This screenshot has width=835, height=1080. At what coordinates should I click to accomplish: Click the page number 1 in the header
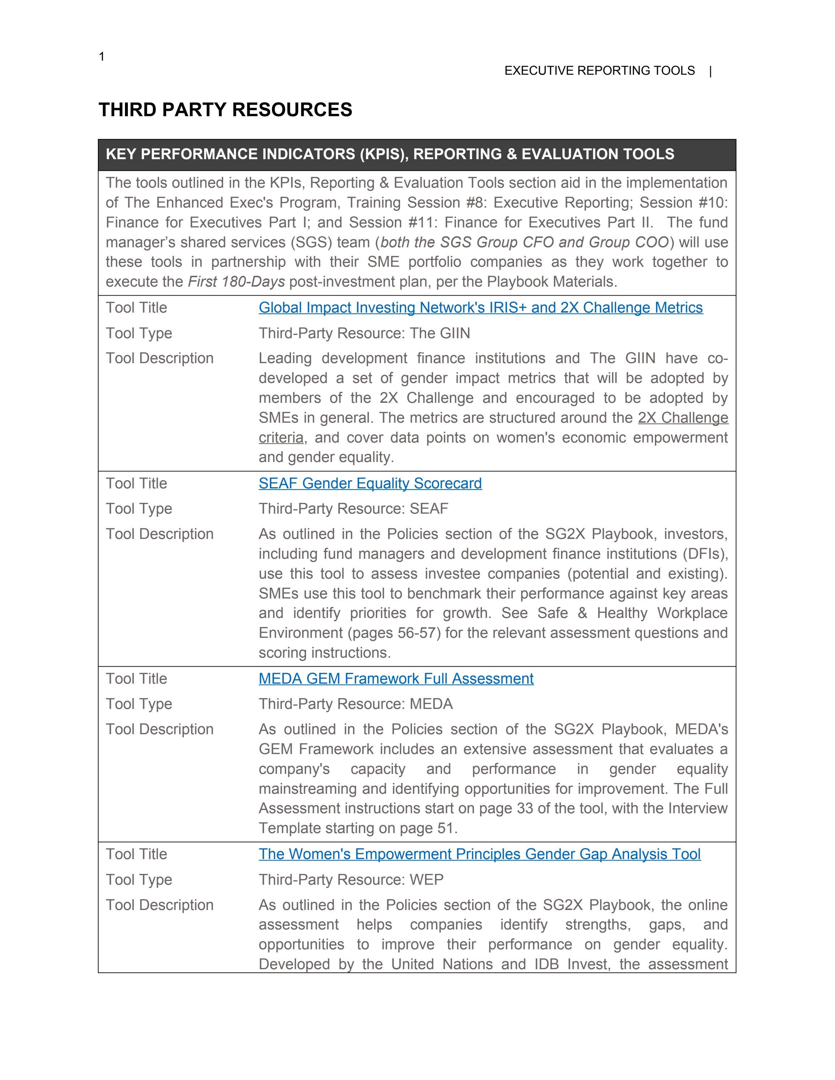coord(101,57)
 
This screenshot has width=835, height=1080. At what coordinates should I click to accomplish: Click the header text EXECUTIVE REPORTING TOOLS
coord(599,71)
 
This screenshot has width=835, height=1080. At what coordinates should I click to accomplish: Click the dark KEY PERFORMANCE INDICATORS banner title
coord(390,154)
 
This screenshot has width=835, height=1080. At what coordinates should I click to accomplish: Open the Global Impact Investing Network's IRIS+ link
coord(480,308)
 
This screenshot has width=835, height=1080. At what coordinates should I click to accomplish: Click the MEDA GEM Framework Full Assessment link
coord(396,679)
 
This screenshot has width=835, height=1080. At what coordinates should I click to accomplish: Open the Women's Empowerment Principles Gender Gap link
coord(479,854)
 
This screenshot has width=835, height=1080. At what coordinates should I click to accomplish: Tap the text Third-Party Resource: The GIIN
coord(364,333)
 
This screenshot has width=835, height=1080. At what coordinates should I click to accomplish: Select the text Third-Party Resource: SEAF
coord(353,509)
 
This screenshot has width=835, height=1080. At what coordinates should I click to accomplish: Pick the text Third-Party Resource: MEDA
coord(355,704)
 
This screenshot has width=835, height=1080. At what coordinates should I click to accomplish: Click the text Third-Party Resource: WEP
coord(351,880)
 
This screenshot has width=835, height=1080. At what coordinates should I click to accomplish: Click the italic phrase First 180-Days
coord(236,282)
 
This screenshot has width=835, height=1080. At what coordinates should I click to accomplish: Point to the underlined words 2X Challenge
coord(683,418)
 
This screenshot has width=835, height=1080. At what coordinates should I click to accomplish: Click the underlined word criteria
coord(281,437)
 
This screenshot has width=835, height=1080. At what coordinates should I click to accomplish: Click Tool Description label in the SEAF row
coord(159,534)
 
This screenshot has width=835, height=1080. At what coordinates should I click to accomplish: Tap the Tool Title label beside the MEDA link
coord(136,679)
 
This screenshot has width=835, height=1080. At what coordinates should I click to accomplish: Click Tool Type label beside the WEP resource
coord(139,880)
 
